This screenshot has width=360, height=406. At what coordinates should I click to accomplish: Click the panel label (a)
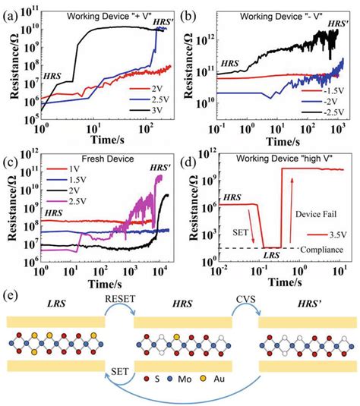pyautogui.click(x=11, y=13)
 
